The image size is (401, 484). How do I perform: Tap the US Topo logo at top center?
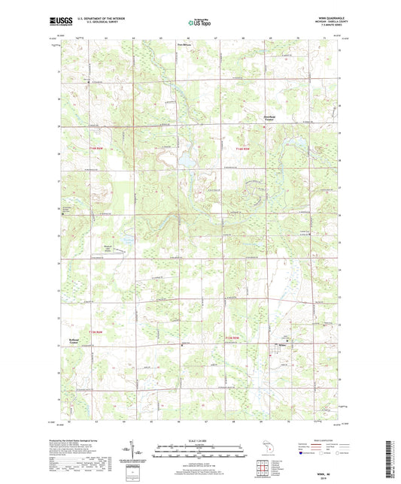pyautogui.click(x=200, y=24)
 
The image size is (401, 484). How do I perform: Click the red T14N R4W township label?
pyautogui.click(x=241, y=150)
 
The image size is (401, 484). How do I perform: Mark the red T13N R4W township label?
pyautogui.click(x=233, y=337)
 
